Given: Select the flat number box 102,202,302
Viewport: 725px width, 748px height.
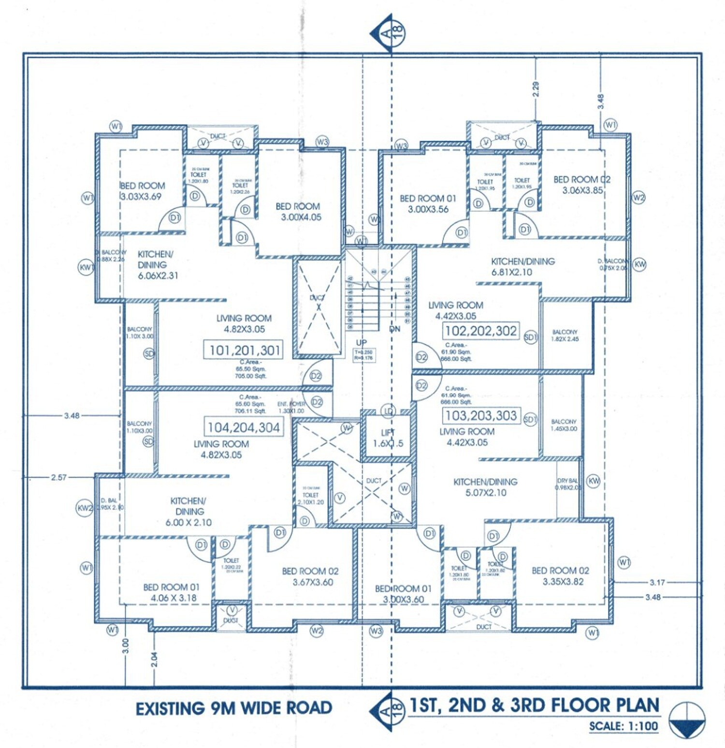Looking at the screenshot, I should (x=481, y=331).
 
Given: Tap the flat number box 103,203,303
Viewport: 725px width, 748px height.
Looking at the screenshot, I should (x=481, y=416).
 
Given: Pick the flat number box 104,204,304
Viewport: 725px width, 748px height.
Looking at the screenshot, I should (x=244, y=427).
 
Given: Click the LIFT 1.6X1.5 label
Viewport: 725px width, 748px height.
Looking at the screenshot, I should (x=388, y=438).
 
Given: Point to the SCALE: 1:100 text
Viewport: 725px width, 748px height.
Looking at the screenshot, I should (x=623, y=726).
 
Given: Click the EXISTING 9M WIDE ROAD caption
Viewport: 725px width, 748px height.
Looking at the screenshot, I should (x=233, y=708).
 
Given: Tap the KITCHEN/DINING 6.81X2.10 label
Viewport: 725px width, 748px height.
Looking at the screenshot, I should (x=522, y=266).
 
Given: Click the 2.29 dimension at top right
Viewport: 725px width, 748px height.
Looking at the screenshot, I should (x=536, y=89).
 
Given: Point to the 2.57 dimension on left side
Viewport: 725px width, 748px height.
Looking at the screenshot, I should (x=58, y=477).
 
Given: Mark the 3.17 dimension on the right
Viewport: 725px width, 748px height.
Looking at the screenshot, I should (x=657, y=583).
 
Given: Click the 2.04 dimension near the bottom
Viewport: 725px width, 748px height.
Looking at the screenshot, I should (x=154, y=659).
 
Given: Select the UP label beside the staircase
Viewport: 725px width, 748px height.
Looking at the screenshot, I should (x=361, y=342).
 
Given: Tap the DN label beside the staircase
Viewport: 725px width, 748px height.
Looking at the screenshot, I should (x=394, y=329).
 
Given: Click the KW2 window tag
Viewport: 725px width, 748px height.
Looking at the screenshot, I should (x=85, y=508).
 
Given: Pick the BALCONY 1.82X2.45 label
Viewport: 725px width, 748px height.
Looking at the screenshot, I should (x=565, y=336).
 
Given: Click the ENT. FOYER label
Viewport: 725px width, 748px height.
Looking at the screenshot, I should (x=291, y=407).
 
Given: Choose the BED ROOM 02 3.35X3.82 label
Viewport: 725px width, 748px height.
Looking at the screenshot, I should (x=561, y=576).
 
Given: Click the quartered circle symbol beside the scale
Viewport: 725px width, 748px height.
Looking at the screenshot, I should (x=687, y=720).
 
